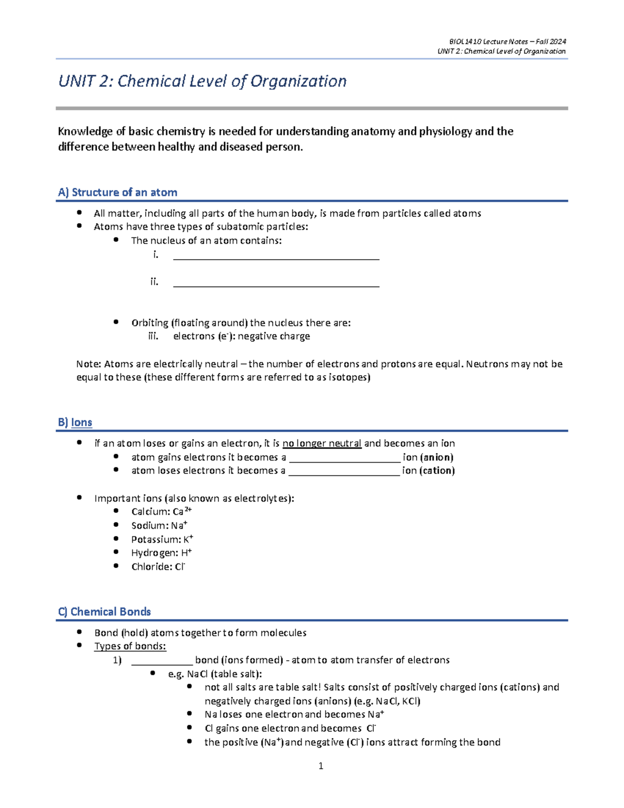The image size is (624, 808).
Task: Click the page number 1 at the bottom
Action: click(320, 765)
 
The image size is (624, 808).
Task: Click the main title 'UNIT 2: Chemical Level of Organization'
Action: click(202, 81)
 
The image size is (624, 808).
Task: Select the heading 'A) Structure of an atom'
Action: click(118, 193)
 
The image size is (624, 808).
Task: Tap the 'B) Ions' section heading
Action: click(75, 422)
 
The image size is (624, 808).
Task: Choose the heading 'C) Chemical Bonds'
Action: click(105, 612)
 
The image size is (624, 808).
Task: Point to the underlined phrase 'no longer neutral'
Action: click(321, 443)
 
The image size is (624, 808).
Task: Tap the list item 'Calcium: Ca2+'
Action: click(161, 511)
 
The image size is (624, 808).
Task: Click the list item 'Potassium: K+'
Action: click(162, 540)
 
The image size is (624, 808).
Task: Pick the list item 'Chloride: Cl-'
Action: click(158, 567)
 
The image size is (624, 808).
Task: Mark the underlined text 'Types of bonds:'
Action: click(130, 646)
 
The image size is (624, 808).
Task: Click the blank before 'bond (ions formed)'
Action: click(162, 661)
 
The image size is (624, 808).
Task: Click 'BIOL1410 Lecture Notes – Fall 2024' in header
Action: click(508, 42)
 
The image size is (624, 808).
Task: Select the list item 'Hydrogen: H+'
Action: click(161, 553)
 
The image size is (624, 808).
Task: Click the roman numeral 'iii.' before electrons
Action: click(153, 336)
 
